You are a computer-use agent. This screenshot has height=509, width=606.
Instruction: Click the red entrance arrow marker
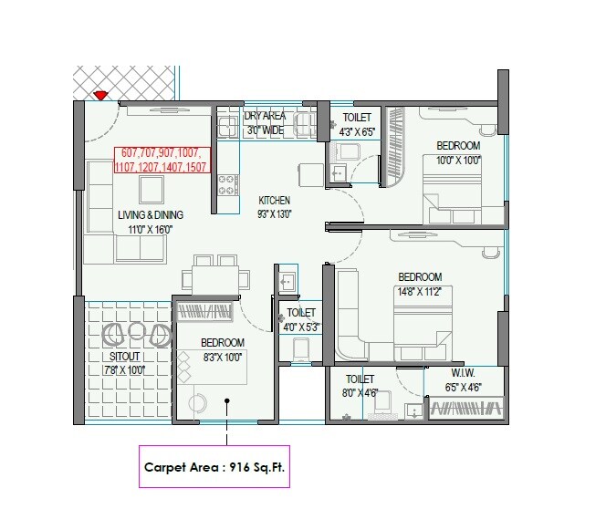point(102,93)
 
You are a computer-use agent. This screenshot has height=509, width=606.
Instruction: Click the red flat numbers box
point(162,160)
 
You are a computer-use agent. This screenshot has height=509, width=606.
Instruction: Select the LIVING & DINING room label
point(150,214)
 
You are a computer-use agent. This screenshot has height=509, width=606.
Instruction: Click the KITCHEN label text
point(274,200)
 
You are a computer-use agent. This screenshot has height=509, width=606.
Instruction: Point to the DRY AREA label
point(265,117)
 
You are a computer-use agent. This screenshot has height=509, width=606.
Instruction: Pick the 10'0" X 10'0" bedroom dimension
point(457,161)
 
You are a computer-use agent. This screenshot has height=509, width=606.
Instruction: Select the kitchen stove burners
point(226,185)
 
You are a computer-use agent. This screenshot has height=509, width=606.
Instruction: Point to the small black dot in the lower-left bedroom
point(228,399)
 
